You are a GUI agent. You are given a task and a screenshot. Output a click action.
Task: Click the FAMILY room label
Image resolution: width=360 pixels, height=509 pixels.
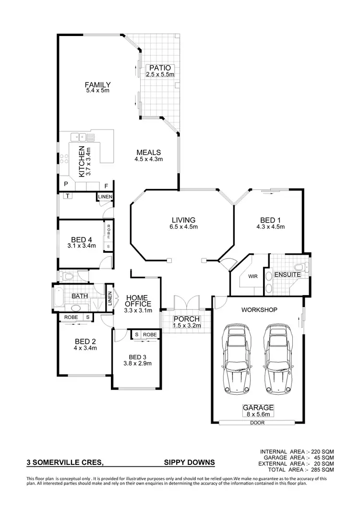(x=98, y=85)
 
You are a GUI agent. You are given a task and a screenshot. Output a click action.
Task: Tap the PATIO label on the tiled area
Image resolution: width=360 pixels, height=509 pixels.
(x=159, y=68)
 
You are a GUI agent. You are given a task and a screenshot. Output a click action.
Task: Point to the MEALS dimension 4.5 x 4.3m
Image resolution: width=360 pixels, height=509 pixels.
(x=149, y=159)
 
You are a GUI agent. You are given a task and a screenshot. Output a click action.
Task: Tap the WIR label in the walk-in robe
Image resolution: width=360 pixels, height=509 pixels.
(x=253, y=277)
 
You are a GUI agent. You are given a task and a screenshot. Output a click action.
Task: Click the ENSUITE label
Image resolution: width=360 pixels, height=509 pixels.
(x=287, y=275)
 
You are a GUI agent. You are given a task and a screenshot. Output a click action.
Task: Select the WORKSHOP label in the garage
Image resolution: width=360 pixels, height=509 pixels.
(x=260, y=310)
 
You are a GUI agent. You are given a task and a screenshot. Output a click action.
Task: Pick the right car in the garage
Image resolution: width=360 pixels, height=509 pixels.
(x=278, y=358)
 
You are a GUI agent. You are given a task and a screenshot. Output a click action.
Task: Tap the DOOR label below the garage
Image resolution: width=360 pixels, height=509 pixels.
(x=257, y=423)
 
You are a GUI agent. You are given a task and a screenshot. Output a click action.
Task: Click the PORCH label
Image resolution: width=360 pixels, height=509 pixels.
(x=187, y=320)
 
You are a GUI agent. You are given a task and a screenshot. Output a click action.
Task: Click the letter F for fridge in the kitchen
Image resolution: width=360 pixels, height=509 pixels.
(x=106, y=185)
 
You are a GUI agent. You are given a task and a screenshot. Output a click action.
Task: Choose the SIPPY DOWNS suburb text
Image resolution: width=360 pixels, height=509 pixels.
(x=189, y=463)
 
